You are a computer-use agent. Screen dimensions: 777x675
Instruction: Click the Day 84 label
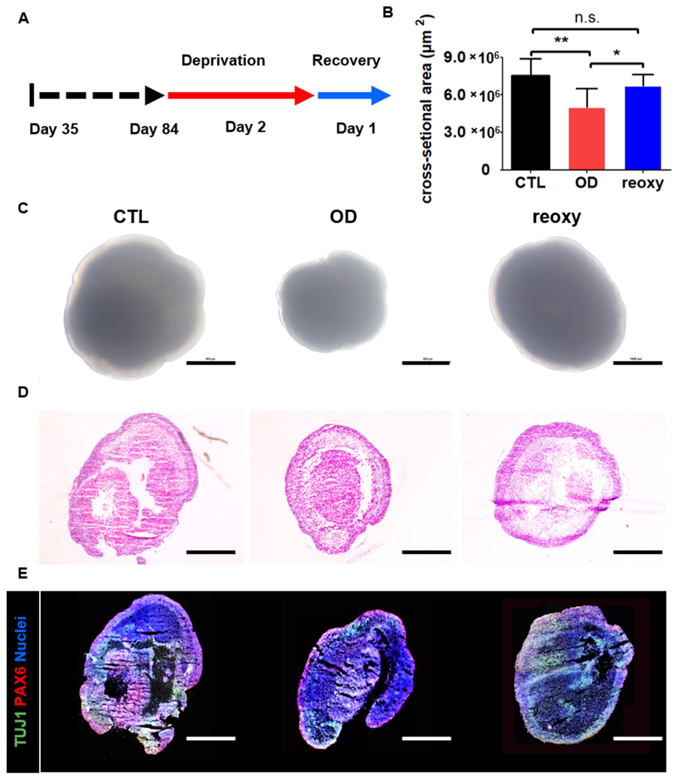[x=154, y=129]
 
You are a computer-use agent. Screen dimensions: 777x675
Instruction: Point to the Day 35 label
[x=54, y=129]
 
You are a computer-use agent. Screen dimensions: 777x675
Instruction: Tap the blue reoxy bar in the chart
[x=643, y=128]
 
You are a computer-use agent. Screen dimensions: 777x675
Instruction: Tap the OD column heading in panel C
[x=343, y=217]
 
